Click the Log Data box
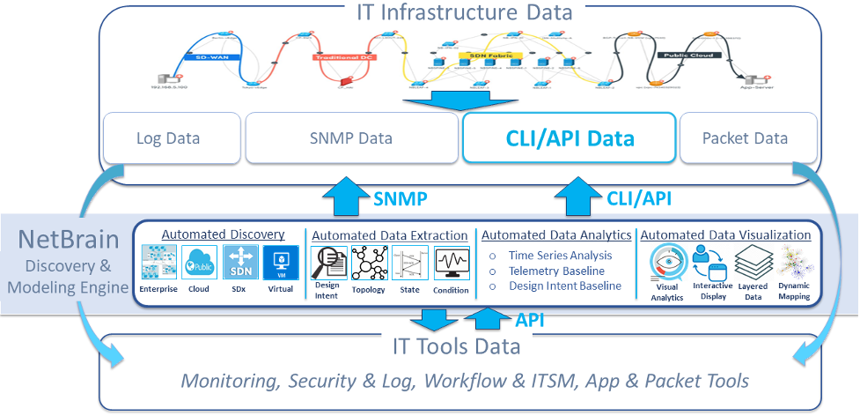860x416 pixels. [168, 138]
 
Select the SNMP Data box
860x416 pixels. [350, 138]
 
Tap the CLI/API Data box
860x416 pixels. [570, 138]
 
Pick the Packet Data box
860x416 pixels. [745, 138]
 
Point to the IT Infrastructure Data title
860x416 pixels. [464, 12]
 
